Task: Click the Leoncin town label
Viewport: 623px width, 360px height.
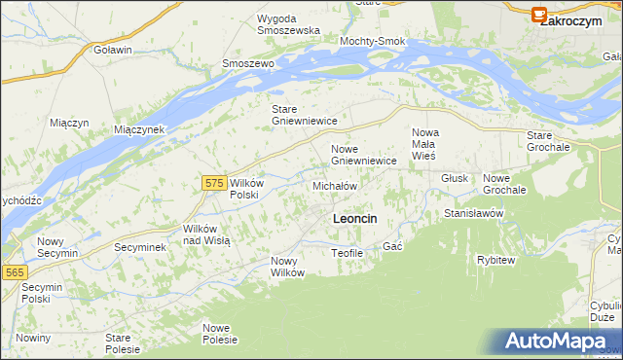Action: click(354, 219)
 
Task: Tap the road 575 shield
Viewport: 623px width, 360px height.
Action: click(216, 182)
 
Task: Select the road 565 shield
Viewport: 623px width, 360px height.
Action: click(14, 273)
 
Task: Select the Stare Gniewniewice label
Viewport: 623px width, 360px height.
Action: click(304, 115)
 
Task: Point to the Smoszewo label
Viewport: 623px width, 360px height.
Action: click(248, 63)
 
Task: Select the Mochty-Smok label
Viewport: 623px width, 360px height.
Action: click(371, 41)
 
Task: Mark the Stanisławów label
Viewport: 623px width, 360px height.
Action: click(473, 212)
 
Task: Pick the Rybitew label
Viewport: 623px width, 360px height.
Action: click(495, 260)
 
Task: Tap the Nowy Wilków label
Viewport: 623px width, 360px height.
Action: click(288, 267)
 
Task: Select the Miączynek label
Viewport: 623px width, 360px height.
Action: click(141, 129)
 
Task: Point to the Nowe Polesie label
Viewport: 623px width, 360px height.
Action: click(221, 334)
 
